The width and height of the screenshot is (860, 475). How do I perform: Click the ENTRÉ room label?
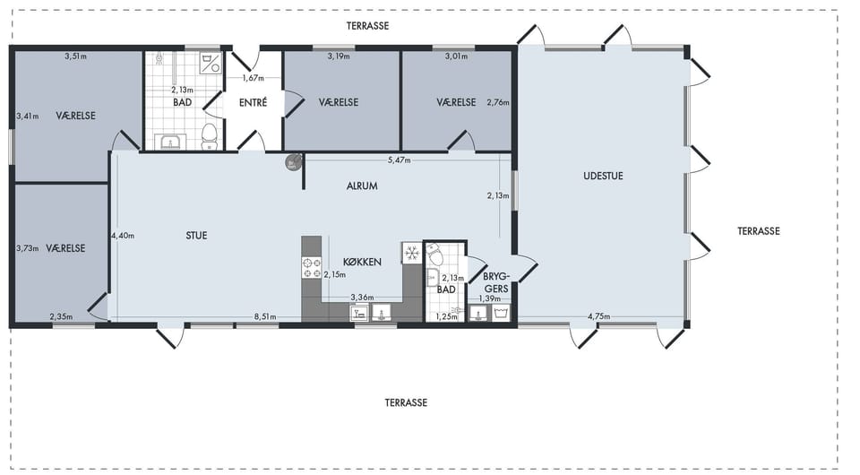[x=253, y=102]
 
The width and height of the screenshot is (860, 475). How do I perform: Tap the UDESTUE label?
[x=603, y=176]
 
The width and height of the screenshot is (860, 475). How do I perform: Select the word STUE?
[x=196, y=236]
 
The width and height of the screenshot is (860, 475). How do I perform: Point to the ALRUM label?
[x=362, y=186]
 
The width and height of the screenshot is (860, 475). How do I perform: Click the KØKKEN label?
[x=362, y=263]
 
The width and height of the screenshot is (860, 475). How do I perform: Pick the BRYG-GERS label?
[x=496, y=282]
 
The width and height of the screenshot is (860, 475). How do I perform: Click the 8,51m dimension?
[x=265, y=317]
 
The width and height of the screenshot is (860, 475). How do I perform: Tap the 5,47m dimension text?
[x=399, y=160]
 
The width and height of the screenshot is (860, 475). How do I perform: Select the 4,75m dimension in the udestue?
[x=598, y=316]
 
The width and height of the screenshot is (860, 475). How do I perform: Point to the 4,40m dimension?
[x=123, y=236]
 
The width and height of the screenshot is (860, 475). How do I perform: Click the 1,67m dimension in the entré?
[x=253, y=78]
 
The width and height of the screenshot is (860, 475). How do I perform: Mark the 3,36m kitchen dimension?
[x=362, y=298]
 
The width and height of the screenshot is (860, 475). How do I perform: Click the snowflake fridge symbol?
[x=412, y=253]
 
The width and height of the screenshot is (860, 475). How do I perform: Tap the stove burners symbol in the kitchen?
[x=312, y=268]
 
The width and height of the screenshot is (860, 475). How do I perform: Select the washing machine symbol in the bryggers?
[x=501, y=313]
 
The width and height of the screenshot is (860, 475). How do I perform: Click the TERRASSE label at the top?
[x=367, y=26]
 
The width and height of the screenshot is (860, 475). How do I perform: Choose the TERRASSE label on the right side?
[x=758, y=231]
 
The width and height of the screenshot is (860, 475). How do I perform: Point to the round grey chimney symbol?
[x=294, y=162]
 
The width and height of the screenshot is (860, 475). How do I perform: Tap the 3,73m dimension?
[x=28, y=248]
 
